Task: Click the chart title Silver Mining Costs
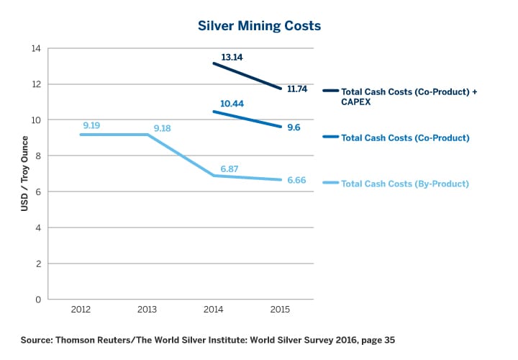259,25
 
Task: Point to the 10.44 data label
232,104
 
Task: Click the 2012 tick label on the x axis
81,309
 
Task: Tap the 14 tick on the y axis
36,48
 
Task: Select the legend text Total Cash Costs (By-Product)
404,184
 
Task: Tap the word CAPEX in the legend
355,102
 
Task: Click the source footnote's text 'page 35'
377,338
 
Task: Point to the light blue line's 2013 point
148,135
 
